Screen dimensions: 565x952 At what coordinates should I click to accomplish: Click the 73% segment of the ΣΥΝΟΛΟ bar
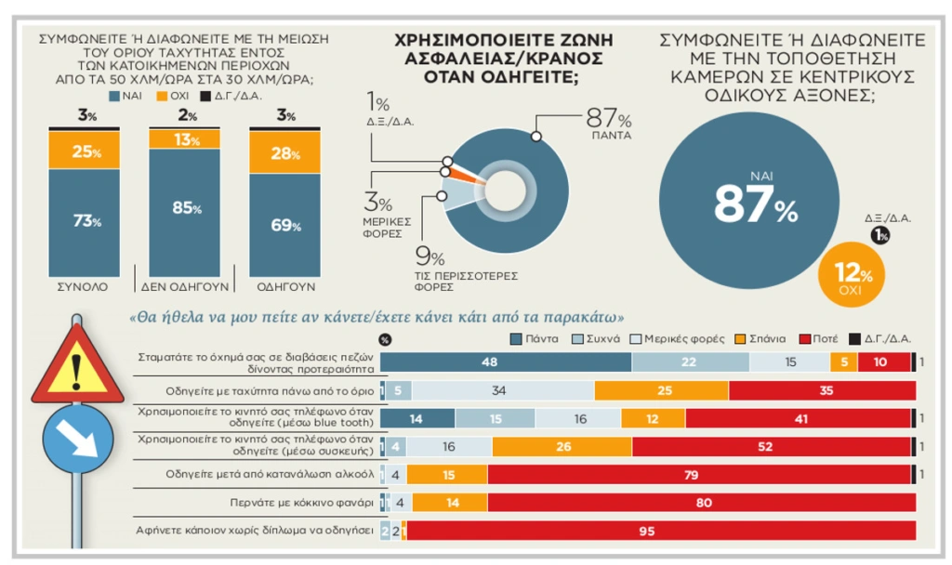[x=85, y=221]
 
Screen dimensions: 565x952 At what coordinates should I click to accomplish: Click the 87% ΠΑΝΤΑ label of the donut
[x=609, y=125]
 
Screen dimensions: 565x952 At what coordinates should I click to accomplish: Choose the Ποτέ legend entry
[x=818, y=338]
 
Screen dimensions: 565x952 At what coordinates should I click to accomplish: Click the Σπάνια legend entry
[x=760, y=338]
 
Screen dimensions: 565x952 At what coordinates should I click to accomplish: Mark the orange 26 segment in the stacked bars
[x=562, y=447]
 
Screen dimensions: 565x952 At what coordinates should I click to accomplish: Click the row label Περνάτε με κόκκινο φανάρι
[x=302, y=503]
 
